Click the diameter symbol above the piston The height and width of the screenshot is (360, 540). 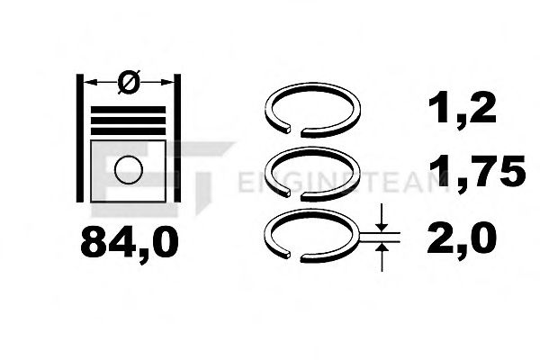pyautogui.click(x=128, y=84)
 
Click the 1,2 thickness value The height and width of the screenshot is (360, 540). pyautogui.click(x=462, y=110)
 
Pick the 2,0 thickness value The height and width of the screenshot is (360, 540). pyautogui.click(x=462, y=238)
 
